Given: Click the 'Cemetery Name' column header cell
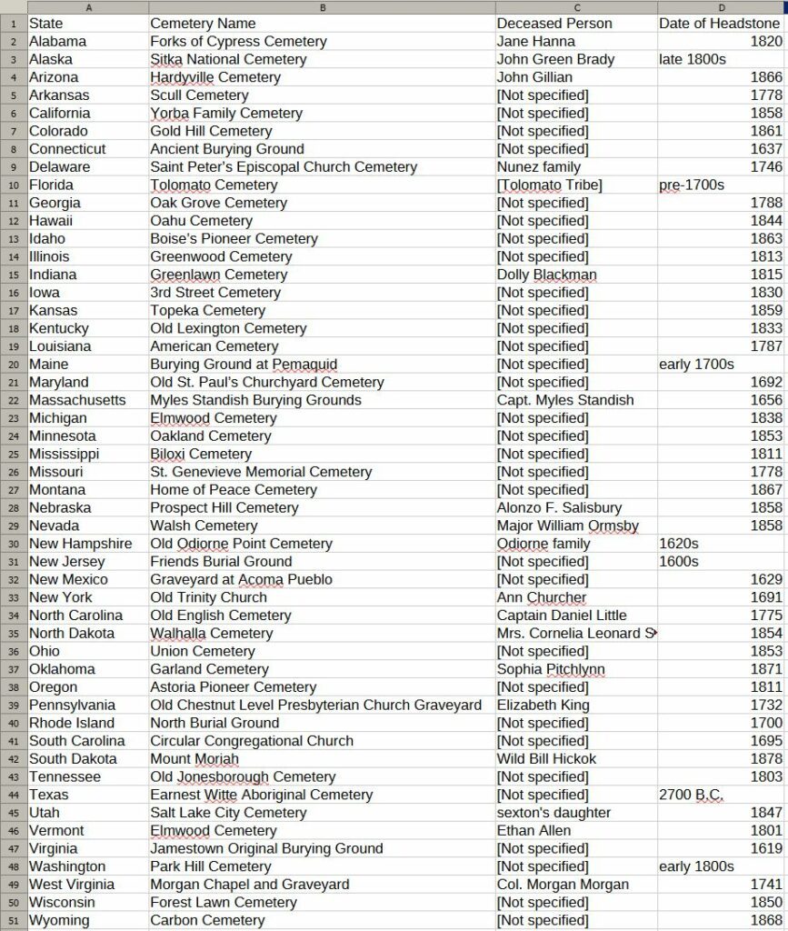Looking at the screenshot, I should (x=203, y=24).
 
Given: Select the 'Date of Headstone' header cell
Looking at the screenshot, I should (x=719, y=24).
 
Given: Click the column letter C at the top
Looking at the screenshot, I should (x=576, y=7).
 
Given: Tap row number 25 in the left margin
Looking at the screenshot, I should (x=13, y=455).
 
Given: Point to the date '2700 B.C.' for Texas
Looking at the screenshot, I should (x=691, y=796).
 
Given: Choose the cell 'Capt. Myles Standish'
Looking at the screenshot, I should (x=565, y=401).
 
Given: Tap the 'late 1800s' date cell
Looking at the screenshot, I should (x=692, y=60).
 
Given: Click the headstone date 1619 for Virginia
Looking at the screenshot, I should (x=767, y=849).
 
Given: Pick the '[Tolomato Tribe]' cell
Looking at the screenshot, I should (x=549, y=185).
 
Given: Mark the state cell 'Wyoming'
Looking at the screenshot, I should (x=59, y=921).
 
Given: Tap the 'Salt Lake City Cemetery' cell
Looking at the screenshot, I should (x=228, y=813).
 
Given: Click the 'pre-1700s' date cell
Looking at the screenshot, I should (x=691, y=185).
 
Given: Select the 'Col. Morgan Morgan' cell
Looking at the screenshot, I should (x=563, y=885).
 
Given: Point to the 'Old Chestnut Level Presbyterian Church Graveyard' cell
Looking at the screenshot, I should (x=315, y=706).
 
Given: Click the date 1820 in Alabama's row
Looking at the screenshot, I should (x=767, y=42).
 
